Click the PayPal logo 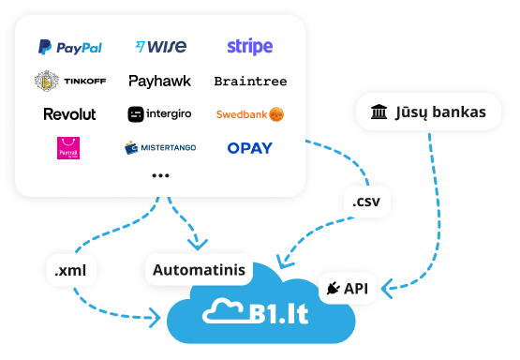click(70, 47)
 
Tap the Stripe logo click(250, 47)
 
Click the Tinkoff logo click(70, 82)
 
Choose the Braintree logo click(250, 82)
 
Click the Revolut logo click(70, 114)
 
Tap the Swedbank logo click(250, 114)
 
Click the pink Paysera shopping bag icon click(69, 148)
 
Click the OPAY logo click(250, 148)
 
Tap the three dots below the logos click(160, 175)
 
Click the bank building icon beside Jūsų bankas click(379, 113)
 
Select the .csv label click(365, 201)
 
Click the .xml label click(71, 271)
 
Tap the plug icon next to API click(334, 290)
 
